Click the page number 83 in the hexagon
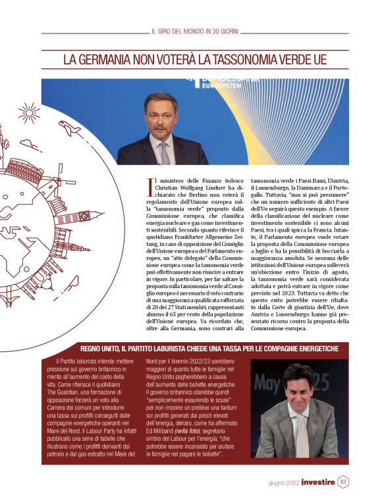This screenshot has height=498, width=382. pyautogui.click(x=343, y=482)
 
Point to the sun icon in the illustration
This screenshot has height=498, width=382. pyautogui.click(x=30, y=113)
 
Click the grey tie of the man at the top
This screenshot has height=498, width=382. pyautogui.click(x=164, y=152)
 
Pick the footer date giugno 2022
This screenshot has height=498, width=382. pyautogui.click(x=284, y=483)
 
